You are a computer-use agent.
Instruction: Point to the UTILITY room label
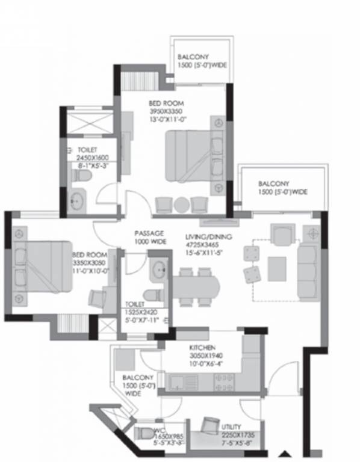tap(231, 425)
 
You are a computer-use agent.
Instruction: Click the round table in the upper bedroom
tap(181, 205)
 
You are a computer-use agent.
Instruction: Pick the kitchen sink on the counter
tap(179, 381)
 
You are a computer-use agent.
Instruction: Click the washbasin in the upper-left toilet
tap(77, 201)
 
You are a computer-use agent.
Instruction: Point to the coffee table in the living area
tap(277, 265)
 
